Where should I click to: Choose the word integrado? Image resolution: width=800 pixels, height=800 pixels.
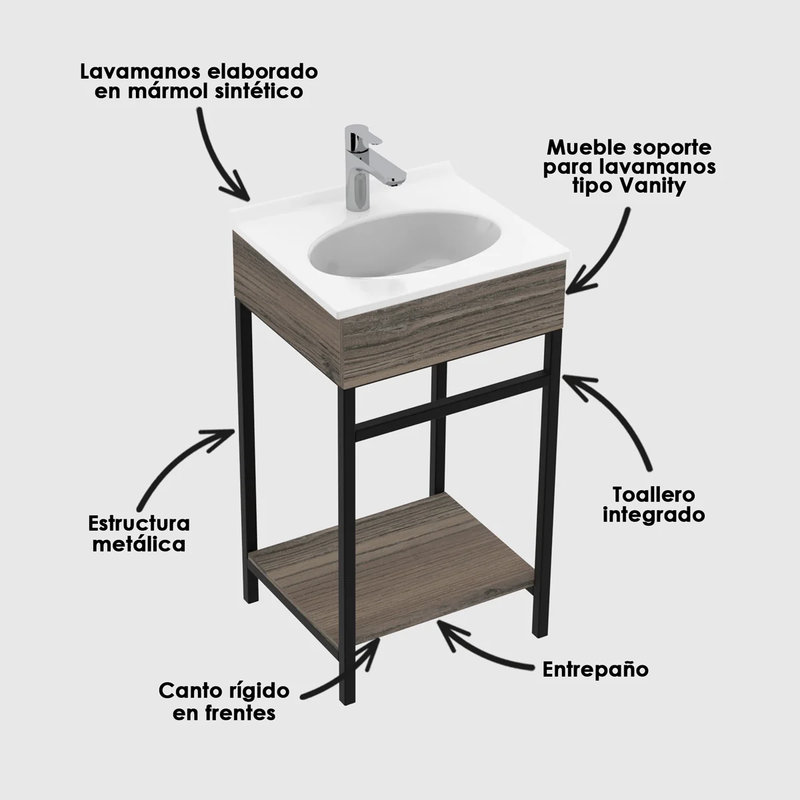[654, 515]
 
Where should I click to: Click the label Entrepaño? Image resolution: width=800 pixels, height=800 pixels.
[595, 669]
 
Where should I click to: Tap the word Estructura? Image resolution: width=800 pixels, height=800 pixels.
[139, 523]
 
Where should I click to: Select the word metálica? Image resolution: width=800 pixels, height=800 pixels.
[139, 544]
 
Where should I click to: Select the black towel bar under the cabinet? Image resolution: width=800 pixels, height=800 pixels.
[451, 403]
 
